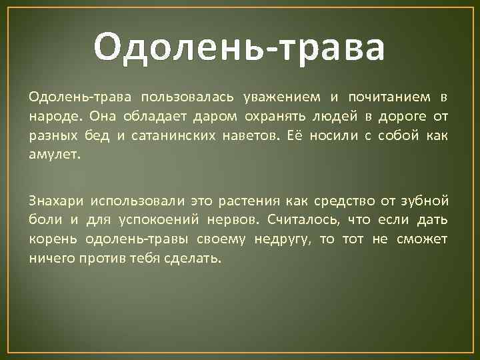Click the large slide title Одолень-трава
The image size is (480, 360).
point(239,48)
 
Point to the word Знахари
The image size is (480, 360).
point(56,201)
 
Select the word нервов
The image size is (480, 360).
point(230,220)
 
